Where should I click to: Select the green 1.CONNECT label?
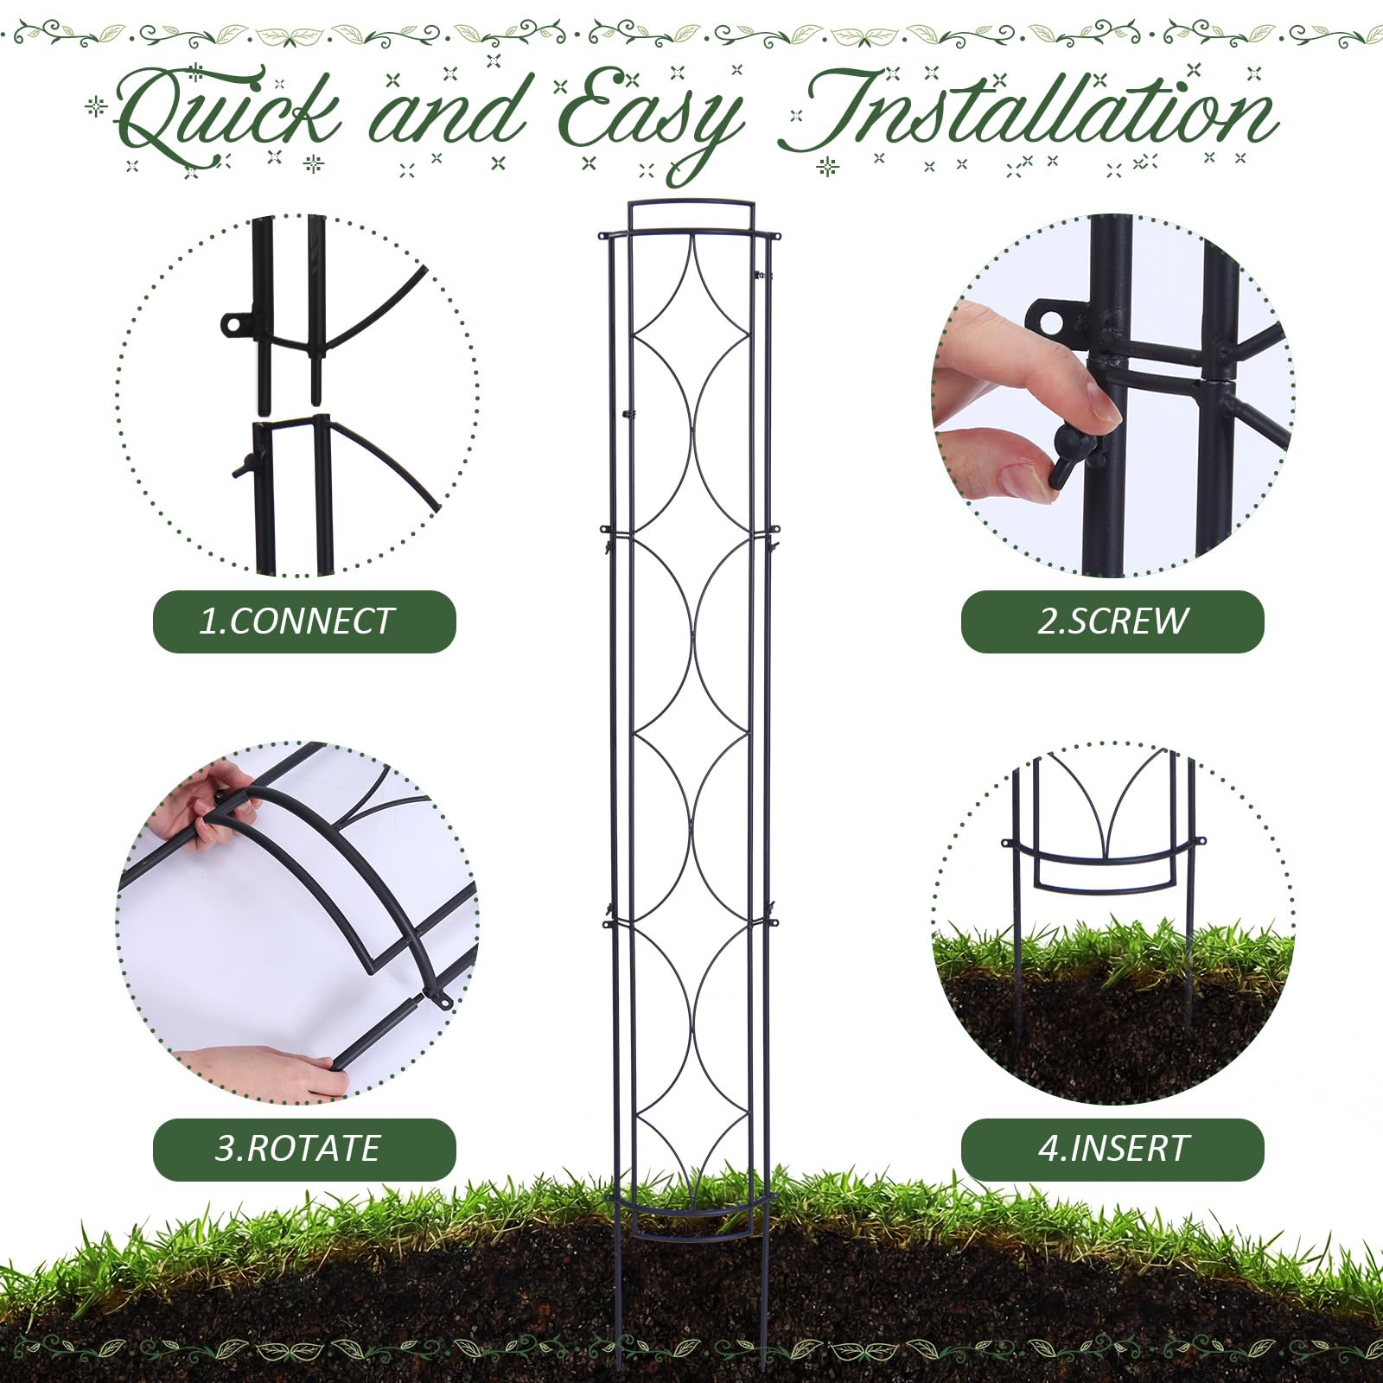pos(304,621)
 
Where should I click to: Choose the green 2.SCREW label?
pos(1112,621)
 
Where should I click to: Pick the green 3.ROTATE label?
pos(304,1149)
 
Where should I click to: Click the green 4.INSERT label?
pos(1112,1149)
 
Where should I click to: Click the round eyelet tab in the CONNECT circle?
pos(234,325)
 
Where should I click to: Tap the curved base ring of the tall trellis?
pos(691,1207)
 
